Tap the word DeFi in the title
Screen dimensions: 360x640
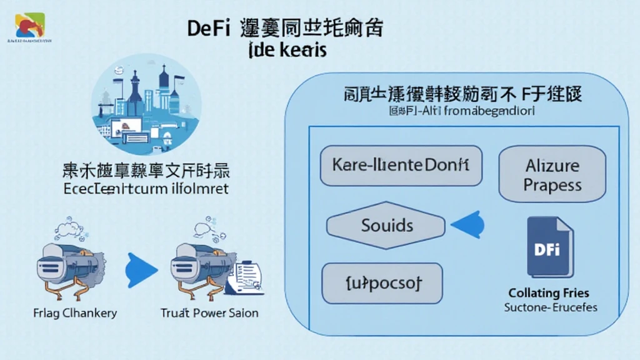(x=208, y=29)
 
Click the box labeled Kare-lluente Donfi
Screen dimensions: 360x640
(x=401, y=166)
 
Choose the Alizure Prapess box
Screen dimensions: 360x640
(x=552, y=176)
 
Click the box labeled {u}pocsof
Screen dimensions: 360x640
(x=381, y=283)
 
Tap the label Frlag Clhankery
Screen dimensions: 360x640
(x=74, y=312)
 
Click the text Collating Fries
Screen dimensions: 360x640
(x=548, y=293)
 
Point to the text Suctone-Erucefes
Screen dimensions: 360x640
(x=550, y=307)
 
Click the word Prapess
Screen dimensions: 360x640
(x=552, y=186)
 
